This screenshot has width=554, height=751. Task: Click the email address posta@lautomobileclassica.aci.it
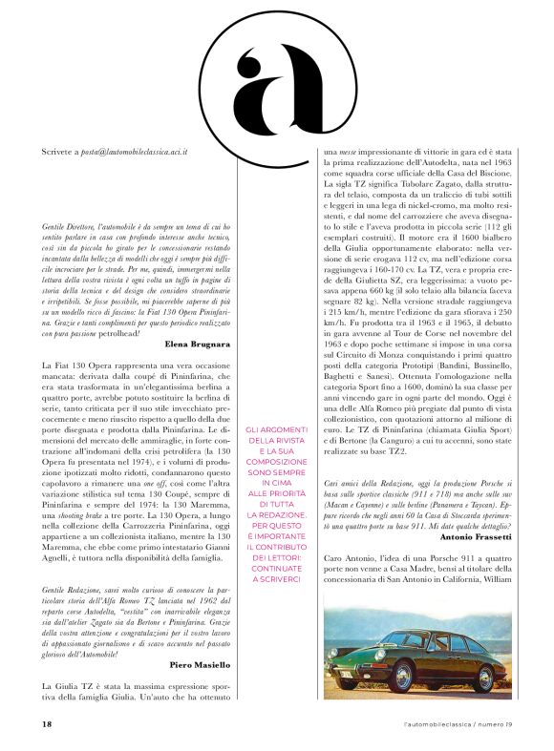tap(135, 151)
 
